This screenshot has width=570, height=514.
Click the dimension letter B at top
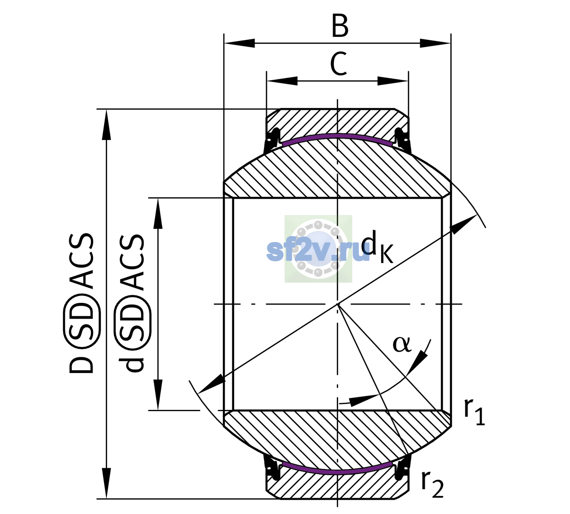point(340,26)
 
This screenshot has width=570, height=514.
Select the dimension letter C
point(339,64)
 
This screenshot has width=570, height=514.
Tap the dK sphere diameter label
point(377,246)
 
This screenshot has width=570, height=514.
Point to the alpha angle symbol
point(402,344)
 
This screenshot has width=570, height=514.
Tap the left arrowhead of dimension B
point(239,43)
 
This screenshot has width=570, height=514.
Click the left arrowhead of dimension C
point(282,81)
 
